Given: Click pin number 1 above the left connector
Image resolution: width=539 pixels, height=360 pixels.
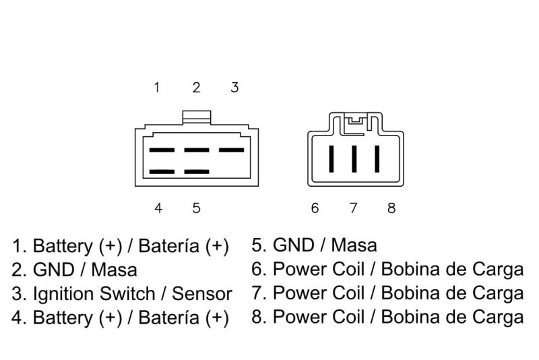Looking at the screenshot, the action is (157, 88).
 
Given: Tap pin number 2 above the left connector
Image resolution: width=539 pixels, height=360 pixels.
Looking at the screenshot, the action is (196, 88).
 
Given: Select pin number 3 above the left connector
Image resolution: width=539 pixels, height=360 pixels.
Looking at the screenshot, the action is (234, 88).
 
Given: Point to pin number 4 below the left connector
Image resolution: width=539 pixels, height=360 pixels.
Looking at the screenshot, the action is (158, 208).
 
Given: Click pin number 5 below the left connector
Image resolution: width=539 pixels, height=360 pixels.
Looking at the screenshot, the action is (196, 208).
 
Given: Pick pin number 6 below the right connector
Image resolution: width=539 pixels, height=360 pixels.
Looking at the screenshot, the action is (315, 208).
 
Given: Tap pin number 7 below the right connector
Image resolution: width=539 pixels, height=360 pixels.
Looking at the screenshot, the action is (353, 208).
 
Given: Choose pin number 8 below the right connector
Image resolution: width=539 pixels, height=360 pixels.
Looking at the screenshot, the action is (391, 208).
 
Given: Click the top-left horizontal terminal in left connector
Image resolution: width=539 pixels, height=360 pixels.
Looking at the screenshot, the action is (162, 150).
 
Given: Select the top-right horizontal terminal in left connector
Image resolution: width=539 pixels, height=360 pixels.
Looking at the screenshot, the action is (231, 150).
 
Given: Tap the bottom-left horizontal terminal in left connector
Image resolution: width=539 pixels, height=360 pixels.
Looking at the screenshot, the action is (162, 172).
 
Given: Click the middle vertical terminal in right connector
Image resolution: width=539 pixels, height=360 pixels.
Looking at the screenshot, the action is (354, 159).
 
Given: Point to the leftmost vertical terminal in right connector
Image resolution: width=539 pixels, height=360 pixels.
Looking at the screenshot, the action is (331, 159).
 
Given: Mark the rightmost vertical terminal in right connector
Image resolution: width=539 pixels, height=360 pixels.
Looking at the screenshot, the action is (377, 159).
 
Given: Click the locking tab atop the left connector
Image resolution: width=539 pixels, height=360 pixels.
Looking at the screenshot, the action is (196, 117).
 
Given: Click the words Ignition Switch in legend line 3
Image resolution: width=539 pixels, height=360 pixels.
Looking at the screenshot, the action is (94, 295).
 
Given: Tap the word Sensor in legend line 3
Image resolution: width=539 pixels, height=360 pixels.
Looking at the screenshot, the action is (201, 295).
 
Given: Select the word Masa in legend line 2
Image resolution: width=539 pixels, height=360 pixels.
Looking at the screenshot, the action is (114, 270).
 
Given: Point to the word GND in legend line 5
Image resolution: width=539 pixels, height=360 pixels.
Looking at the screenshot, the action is (293, 245).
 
